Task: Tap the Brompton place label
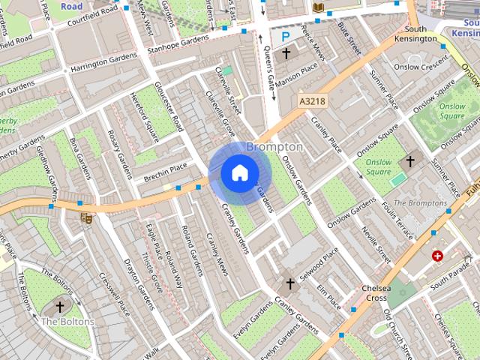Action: [274, 147]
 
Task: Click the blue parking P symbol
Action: [285, 36]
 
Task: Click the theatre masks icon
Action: [85, 218]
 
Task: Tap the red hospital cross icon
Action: [437, 256]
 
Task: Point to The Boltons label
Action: [67, 322]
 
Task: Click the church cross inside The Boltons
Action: [60, 307]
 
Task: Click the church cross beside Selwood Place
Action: [291, 284]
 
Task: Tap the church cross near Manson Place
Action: [286, 54]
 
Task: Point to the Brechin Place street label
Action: [166, 171]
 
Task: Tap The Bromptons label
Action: [420, 202]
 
